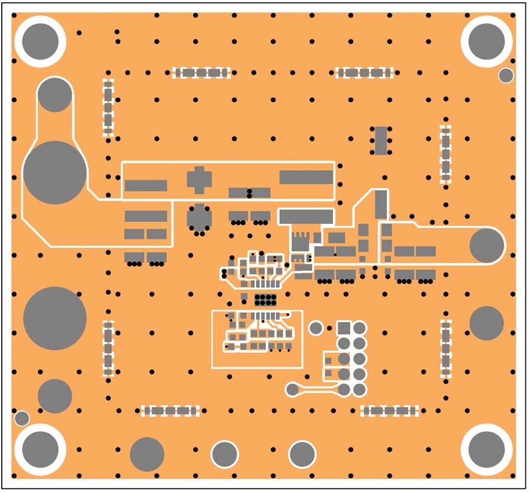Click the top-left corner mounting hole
40,41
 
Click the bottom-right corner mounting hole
486,448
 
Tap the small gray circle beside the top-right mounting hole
506,75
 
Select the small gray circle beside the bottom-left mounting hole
22,418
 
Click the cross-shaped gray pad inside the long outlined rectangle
198,179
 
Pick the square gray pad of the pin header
344,328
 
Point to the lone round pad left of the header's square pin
316,328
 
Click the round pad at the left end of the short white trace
292,389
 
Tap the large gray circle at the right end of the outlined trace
487,245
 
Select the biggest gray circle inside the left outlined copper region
54,172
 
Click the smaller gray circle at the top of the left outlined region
55,94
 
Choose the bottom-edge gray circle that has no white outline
147,454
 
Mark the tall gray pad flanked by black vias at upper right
381,140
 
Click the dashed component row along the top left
201,73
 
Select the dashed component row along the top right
364,73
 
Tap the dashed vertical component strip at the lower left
108,348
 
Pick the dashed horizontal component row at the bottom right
390,410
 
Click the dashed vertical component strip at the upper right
445,154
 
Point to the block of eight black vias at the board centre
265,299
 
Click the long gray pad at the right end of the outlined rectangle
306,177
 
